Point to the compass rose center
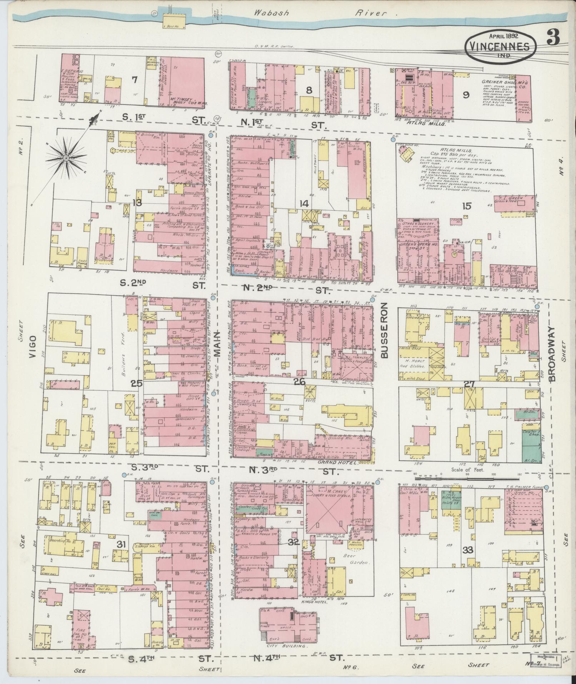[x=66, y=158]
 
